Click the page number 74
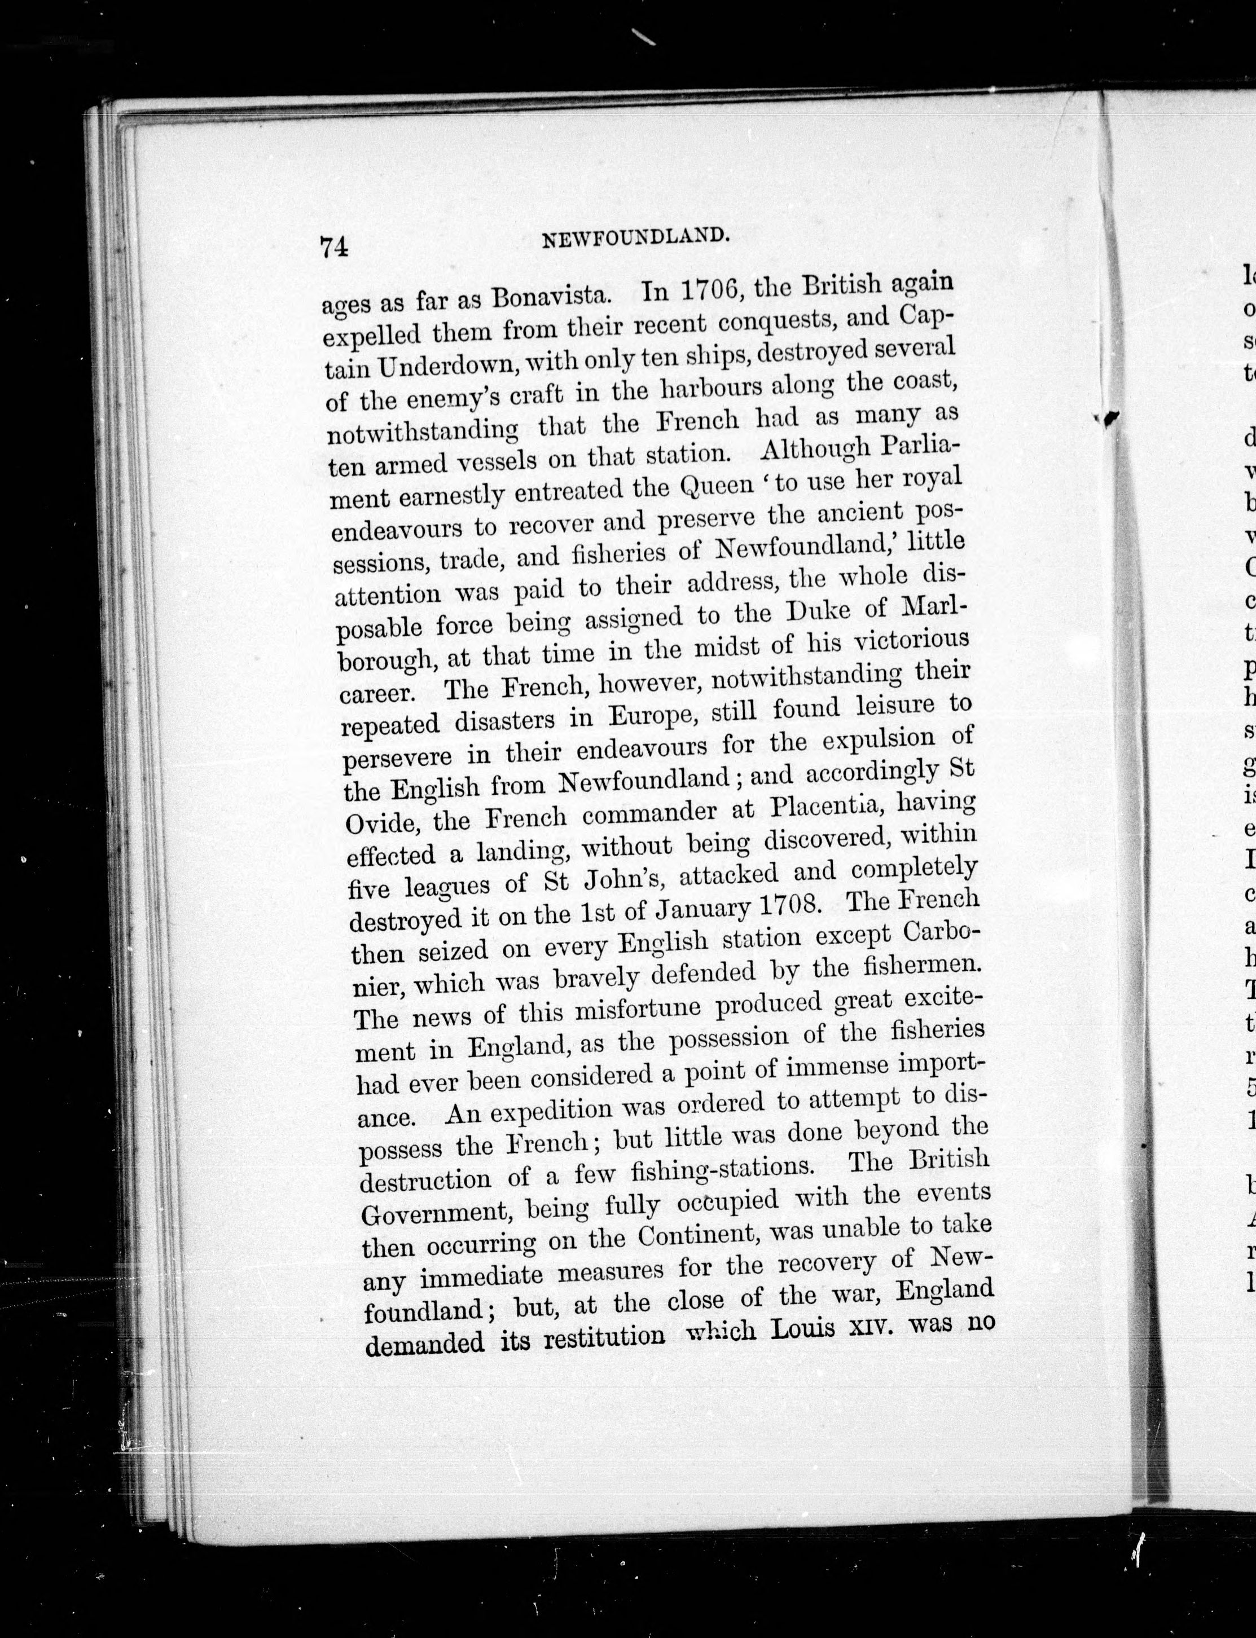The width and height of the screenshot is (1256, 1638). [x=334, y=246]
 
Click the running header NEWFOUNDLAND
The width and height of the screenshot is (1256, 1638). [x=635, y=237]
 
